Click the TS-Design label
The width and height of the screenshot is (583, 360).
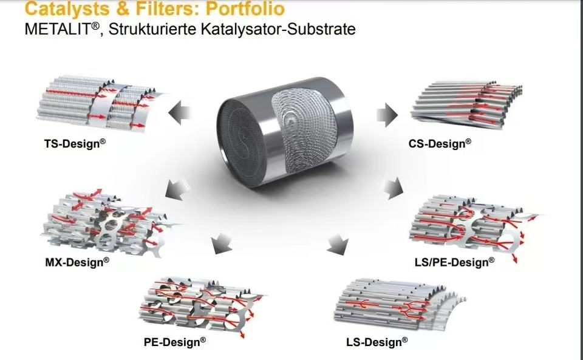click(x=72, y=144)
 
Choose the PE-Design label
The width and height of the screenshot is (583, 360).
click(x=175, y=341)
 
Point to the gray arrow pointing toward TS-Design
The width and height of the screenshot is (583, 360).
click(x=180, y=113)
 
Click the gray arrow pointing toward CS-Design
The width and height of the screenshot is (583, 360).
click(x=386, y=114)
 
